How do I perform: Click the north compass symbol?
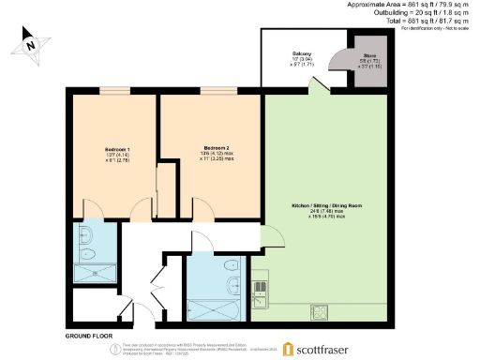coord(30,43)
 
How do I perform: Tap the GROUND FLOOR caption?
coord(90,335)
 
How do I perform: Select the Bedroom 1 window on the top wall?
coord(115,91)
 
